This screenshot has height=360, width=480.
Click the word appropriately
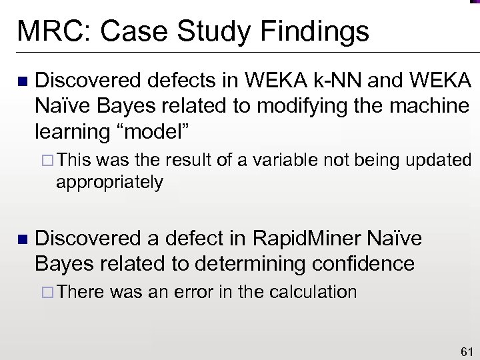(110, 182)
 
